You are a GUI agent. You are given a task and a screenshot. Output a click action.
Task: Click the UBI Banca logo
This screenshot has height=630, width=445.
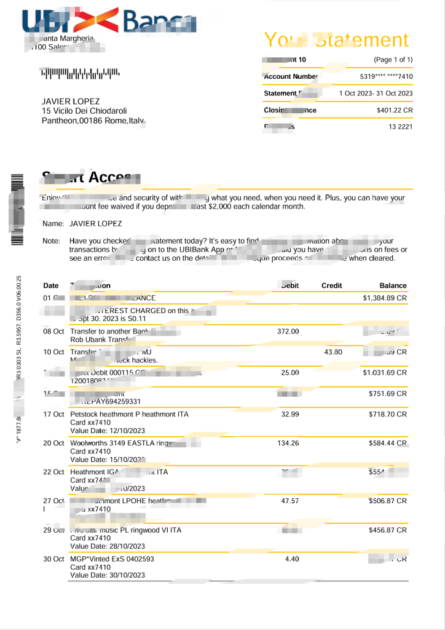pos(109,22)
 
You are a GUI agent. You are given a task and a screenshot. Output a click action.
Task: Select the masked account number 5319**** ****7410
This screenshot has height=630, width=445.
pos(386,77)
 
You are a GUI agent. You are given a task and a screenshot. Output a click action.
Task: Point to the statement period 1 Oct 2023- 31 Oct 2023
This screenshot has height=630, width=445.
pos(376,94)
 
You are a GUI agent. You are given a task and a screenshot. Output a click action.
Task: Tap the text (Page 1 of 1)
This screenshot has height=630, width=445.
pos(393,60)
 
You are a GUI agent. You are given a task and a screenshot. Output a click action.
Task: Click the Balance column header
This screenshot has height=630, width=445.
pos(393,285)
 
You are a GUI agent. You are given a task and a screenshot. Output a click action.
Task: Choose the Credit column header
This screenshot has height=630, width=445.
pos(332,285)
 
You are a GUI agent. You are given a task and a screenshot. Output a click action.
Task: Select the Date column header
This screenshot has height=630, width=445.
pos(51,285)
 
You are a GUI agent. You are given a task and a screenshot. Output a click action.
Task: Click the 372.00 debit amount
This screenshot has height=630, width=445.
pos(288,332)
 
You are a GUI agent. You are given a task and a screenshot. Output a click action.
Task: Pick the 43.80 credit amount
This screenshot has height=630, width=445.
pos(333,352)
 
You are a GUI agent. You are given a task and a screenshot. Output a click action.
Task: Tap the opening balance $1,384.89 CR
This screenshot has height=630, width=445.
pos(385,298)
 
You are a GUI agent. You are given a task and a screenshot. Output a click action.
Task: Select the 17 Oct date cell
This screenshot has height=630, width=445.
pos(53,415)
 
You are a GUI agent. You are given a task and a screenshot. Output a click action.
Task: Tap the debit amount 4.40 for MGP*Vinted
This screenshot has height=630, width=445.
pos(291,559)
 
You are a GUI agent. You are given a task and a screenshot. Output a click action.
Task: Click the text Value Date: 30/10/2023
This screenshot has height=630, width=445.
pos(108,575)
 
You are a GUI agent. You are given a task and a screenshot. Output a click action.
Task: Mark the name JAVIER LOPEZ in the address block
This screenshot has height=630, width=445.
pos(71,101)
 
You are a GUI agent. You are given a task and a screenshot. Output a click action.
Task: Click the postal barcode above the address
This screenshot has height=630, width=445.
pos(81,74)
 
